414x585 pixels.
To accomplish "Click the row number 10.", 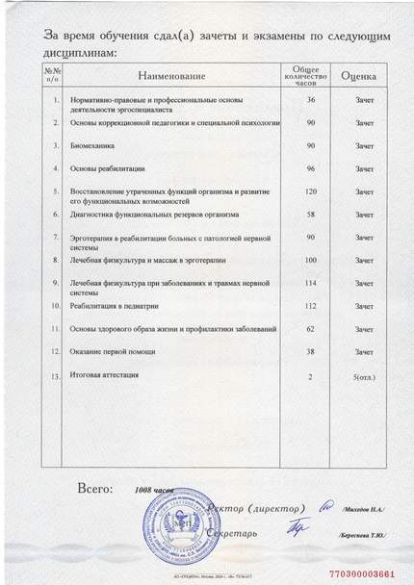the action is point(56,306).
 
